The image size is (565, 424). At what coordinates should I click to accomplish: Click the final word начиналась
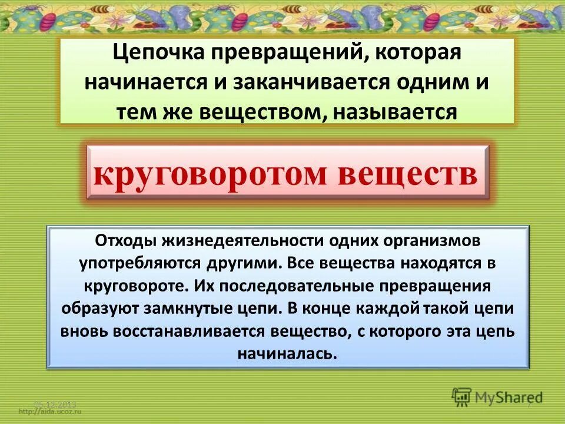(x=288, y=353)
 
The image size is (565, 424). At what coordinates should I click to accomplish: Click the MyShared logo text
(x=510, y=396)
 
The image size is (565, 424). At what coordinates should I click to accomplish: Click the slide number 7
(x=528, y=405)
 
